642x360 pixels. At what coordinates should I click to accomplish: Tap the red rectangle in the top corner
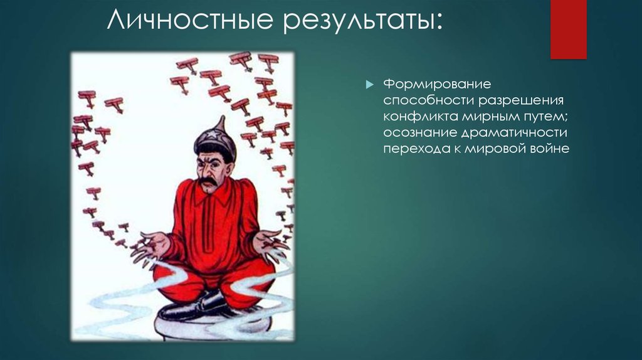pyautogui.click(x=568, y=29)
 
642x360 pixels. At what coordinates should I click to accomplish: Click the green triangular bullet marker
pyautogui.click(x=369, y=84)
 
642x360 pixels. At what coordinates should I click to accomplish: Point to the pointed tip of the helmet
pyautogui.click(x=221, y=118)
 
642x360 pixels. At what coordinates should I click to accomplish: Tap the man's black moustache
pyautogui.click(x=209, y=182)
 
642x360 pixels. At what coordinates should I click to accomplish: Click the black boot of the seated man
pyautogui.click(x=194, y=307)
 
